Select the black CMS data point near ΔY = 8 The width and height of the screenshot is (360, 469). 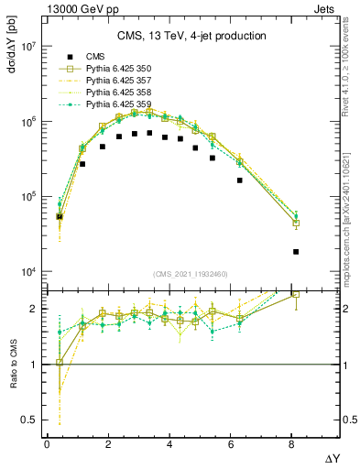(x=296, y=252)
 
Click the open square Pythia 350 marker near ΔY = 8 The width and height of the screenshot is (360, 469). (x=296, y=223)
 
